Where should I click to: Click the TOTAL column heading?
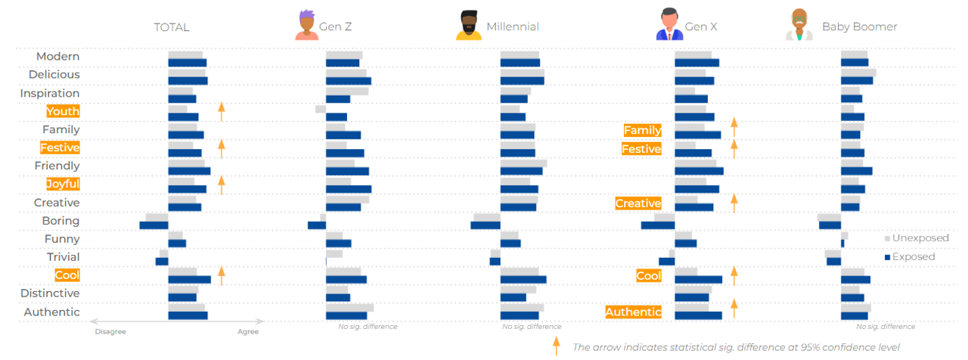[x=171, y=27]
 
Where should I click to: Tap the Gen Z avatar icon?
[x=306, y=25]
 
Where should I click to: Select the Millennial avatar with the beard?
[x=469, y=26]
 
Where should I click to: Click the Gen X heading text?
[x=701, y=27]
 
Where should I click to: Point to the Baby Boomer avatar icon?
[x=799, y=26]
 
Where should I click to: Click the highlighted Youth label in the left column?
[x=63, y=111]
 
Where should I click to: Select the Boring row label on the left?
[x=60, y=221]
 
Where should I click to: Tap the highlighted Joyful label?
[x=63, y=184]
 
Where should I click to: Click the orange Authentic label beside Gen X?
[x=633, y=312]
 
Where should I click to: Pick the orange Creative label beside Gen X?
[x=638, y=203]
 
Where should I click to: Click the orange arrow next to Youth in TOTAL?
[x=222, y=111]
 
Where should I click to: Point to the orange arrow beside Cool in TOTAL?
[x=222, y=275]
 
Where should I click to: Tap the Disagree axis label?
[x=110, y=331]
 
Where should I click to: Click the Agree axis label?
[x=248, y=331]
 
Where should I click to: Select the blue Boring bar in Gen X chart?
[x=657, y=225]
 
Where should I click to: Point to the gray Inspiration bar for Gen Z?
[x=347, y=91]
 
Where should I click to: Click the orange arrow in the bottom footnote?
[x=557, y=346]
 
